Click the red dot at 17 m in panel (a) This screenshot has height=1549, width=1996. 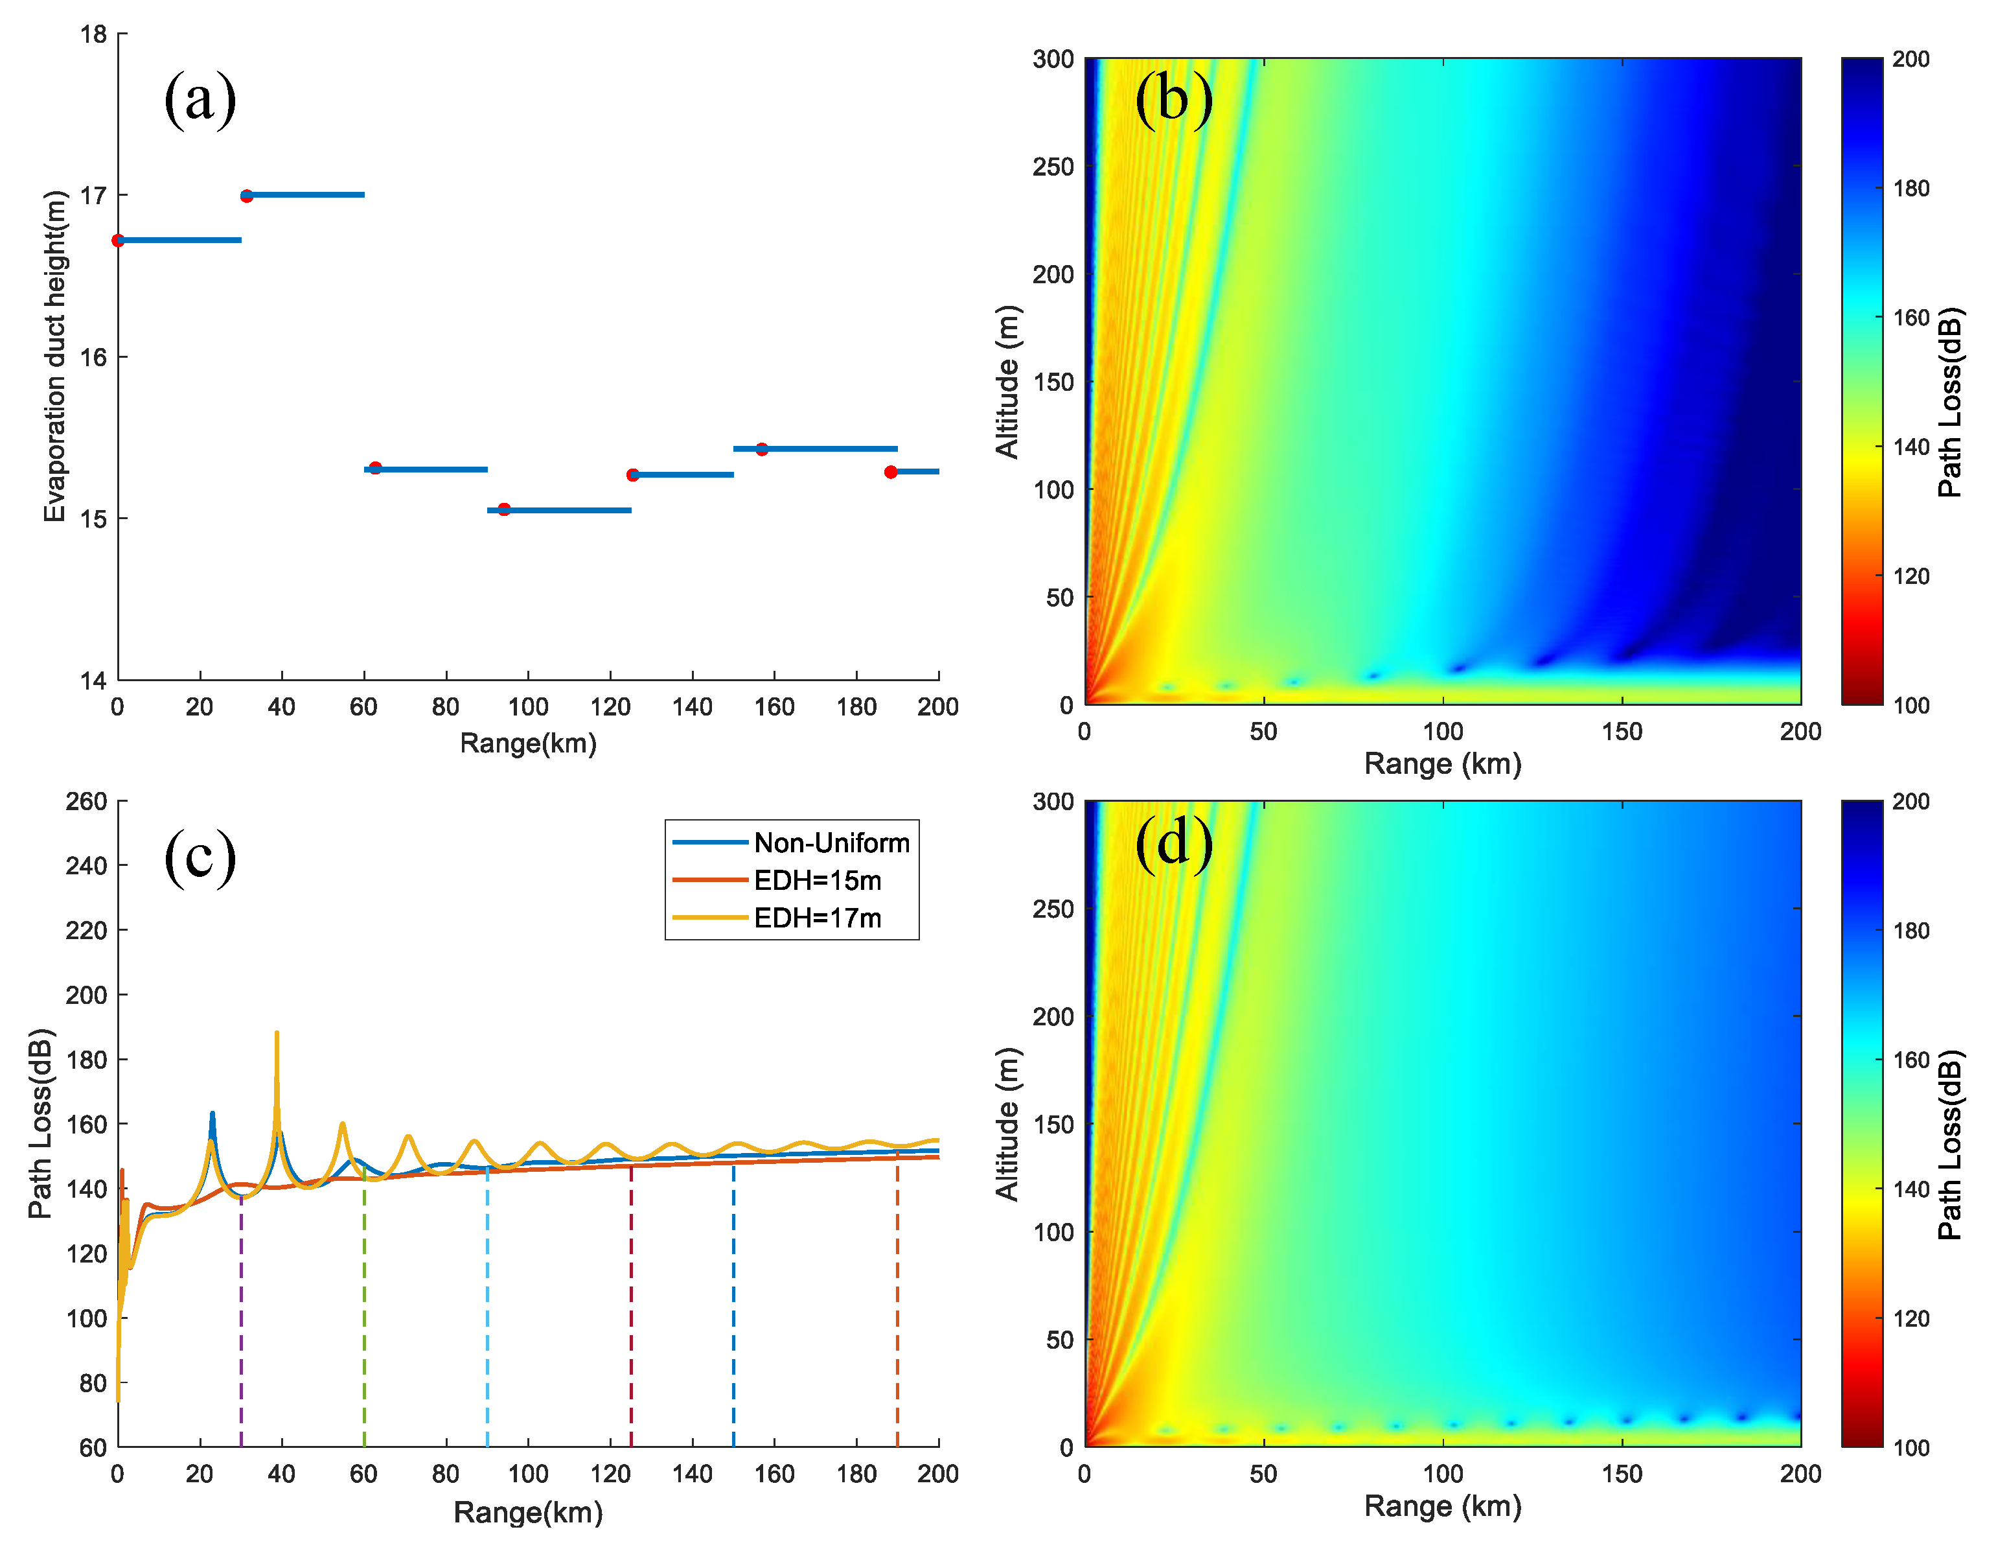click(247, 196)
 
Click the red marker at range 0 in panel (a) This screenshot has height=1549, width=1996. click(118, 240)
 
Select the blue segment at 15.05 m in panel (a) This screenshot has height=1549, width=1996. click(559, 510)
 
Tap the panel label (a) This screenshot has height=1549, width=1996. click(200, 99)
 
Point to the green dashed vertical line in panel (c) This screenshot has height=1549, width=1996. click(365, 1317)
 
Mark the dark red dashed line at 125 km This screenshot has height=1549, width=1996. click(632, 1317)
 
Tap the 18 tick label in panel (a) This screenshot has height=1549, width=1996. click(93, 35)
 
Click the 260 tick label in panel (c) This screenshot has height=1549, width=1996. click(87, 802)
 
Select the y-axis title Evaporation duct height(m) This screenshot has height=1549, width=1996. click(55, 356)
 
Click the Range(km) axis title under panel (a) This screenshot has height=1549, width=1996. click(528, 743)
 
